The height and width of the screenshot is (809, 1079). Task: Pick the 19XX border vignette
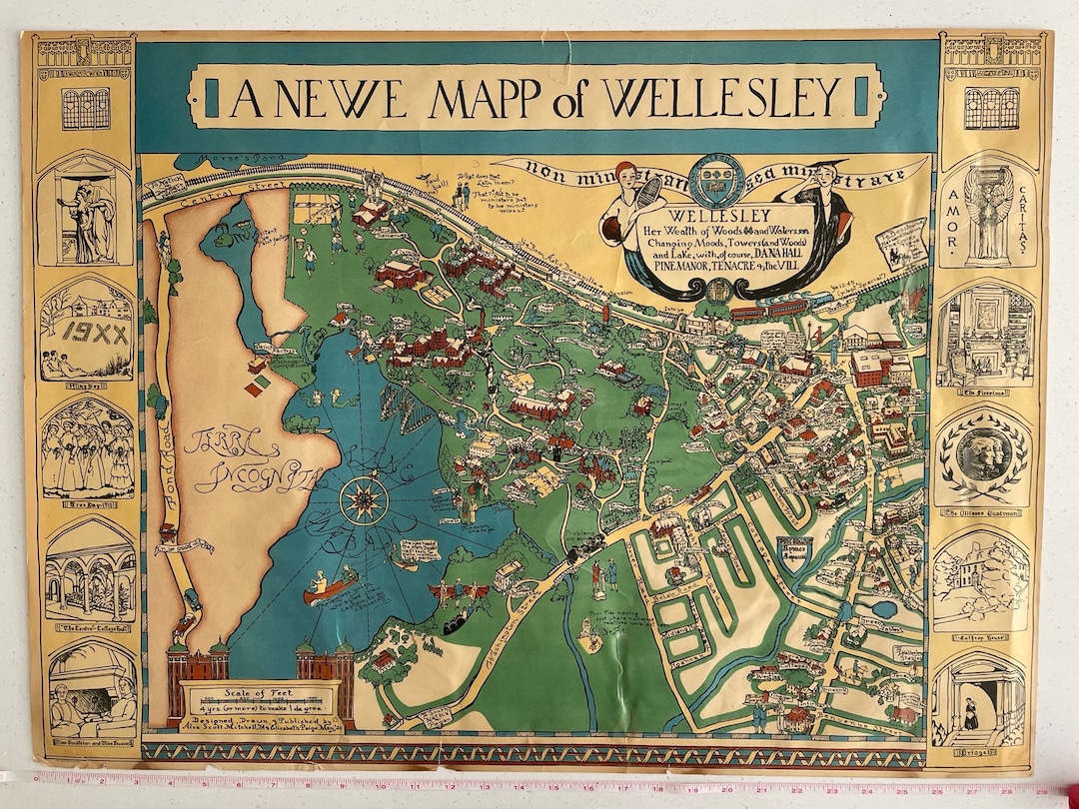[x=87, y=332]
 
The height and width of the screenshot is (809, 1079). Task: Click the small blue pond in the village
[x=883, y=608]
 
